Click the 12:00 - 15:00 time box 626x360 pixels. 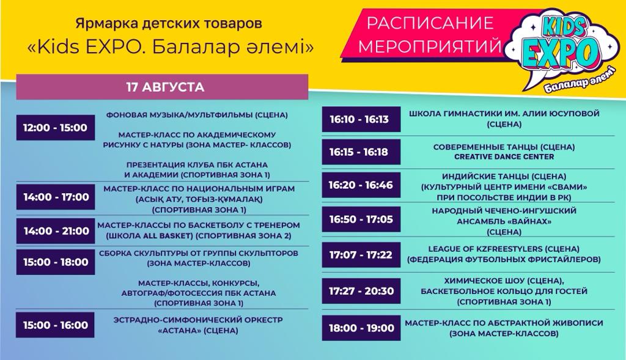coord(56,128)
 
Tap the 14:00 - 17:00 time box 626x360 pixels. coord(56,197)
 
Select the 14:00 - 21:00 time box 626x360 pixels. coord(56,230)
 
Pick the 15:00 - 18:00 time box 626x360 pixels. coord(56,262)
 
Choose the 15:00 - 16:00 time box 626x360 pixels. coord(56,325)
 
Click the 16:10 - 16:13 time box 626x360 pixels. coord(361,119)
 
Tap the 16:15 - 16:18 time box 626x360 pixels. coord(361,152)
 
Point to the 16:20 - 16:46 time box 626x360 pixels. coord(361,185)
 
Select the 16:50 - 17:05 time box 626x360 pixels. coord(361,219)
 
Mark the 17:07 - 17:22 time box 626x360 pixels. coord(361,255)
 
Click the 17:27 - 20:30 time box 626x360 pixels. coord(361,291)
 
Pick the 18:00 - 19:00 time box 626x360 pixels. coord(361,328)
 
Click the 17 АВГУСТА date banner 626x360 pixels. coord(162,87)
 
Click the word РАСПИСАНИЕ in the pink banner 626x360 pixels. coord(430,23)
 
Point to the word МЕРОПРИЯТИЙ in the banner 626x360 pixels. coord(429,45)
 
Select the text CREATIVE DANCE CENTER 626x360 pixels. coord(504,157)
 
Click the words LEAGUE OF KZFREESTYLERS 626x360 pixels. coord(485,249)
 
